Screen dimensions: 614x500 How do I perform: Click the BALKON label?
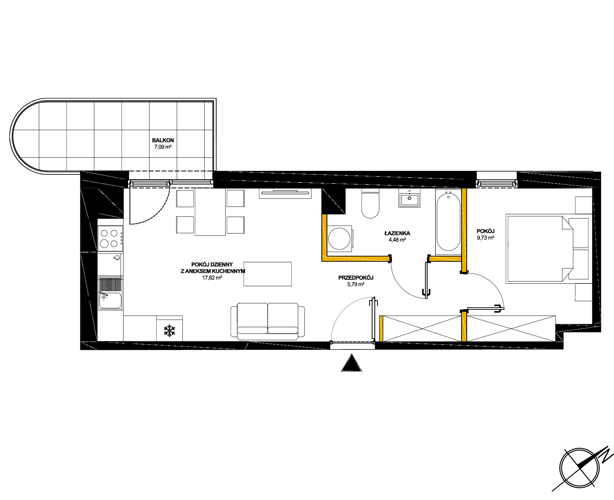pyautogui.click(x=163, y=140)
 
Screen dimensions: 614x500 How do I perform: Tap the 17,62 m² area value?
pyautogui.click(x=212, y=278)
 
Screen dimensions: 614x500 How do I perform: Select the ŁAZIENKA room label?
pyautogui.click(x=397, y=233)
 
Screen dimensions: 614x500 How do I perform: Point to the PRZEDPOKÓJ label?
pyautogui.click(x=356, y=278)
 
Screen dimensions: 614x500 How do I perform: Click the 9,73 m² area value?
pyautogui.click(x=486, y=238)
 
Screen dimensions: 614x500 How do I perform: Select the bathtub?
pyautogui.click(x=448, y=222)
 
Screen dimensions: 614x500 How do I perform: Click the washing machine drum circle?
pyautogui.click(x=339, y=239)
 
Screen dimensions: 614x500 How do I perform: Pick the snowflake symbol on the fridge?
pyautogui.click(x=169, y=331)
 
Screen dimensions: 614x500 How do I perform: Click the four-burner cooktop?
pyautogui.click(x=110, y=238)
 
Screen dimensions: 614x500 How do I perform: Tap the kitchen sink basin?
pyautogui.click(x=110, y=301)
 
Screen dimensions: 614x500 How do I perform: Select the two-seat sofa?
pyautogui.click(x=268, y=321)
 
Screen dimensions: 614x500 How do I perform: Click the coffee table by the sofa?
pyautogui.click(x=268, y=274)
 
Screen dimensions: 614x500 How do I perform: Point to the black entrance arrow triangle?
pyautogui.click(x=352, y=363)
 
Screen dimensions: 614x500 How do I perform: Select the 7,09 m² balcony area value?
pyautogui.click(x=163, y=147)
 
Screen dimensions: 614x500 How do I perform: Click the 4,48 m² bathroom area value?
pyautogui.click(x=397, y=240)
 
